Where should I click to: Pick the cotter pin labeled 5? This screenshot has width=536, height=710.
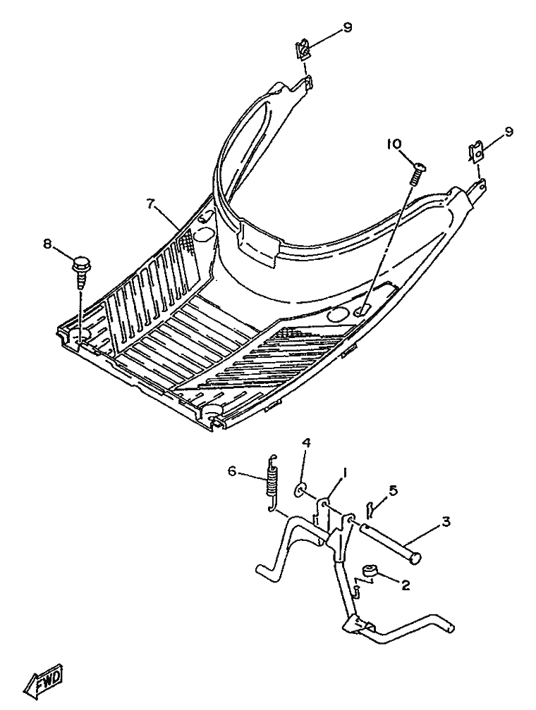coord(370,506)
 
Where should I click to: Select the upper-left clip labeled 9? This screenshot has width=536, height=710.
coord(303,51)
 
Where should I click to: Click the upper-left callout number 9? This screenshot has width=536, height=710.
coord(347,28)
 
